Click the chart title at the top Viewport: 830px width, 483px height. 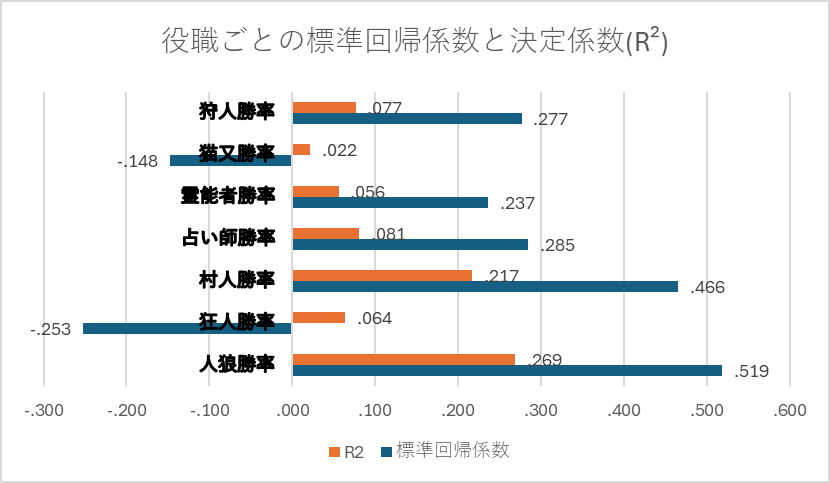[414, 41]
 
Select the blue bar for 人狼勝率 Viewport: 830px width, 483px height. [507, 371]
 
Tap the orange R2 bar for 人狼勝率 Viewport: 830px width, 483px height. [404, 360]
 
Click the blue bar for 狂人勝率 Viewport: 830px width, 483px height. [187, 329]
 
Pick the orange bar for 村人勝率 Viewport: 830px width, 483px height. [382, 275]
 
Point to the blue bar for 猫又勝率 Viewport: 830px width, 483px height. [230, 160]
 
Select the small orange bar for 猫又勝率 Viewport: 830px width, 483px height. [301, 149]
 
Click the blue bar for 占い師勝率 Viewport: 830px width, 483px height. [410, 244]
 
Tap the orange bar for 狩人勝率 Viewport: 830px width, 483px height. [324, 108]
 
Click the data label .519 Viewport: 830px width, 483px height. [752, 371]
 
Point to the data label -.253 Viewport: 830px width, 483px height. [51, 329]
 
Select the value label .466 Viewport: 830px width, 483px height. [708, 288]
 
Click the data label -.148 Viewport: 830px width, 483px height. [138, 161]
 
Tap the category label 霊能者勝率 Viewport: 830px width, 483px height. [228, 195]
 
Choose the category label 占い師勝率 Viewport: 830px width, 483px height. [228, 238]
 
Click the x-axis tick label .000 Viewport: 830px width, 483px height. [293, 410]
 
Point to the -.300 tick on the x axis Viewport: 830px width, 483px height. [44, 410]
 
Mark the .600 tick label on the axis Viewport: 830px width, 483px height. [790, 410]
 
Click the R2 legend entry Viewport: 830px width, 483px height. [346, 452]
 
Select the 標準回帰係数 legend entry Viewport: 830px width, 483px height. [445, 451]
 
